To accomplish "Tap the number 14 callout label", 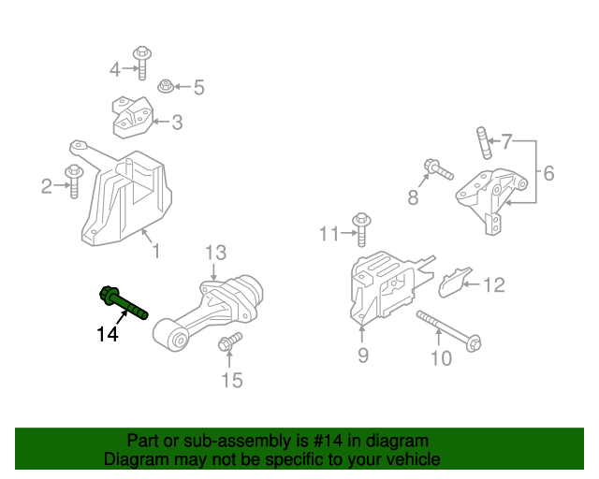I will (109, 333).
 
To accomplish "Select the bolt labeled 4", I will (143, 60).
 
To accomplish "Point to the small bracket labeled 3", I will (132, 118).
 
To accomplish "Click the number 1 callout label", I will (155, 251).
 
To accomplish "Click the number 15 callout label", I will (231, 379).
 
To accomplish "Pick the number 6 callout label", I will (548, 172).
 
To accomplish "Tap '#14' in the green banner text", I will (315, 441).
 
